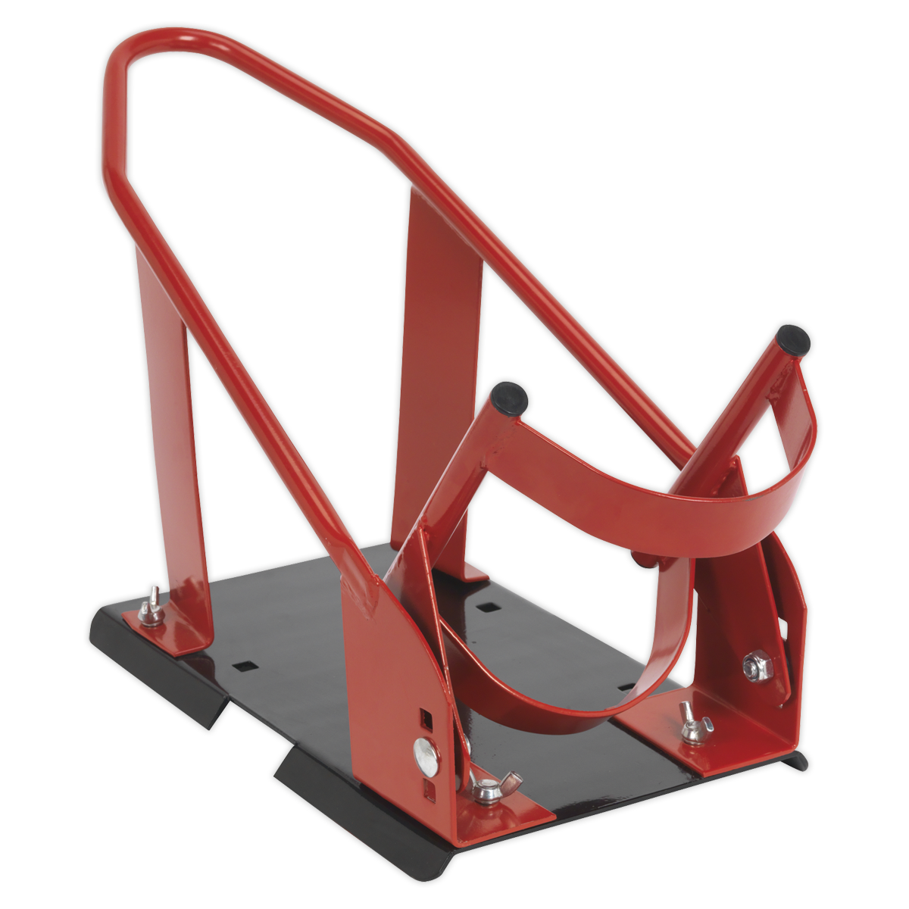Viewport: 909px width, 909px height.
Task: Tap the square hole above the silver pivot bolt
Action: [x=426, y=716]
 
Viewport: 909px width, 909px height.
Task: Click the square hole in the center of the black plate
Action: [x=485, y=607]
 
